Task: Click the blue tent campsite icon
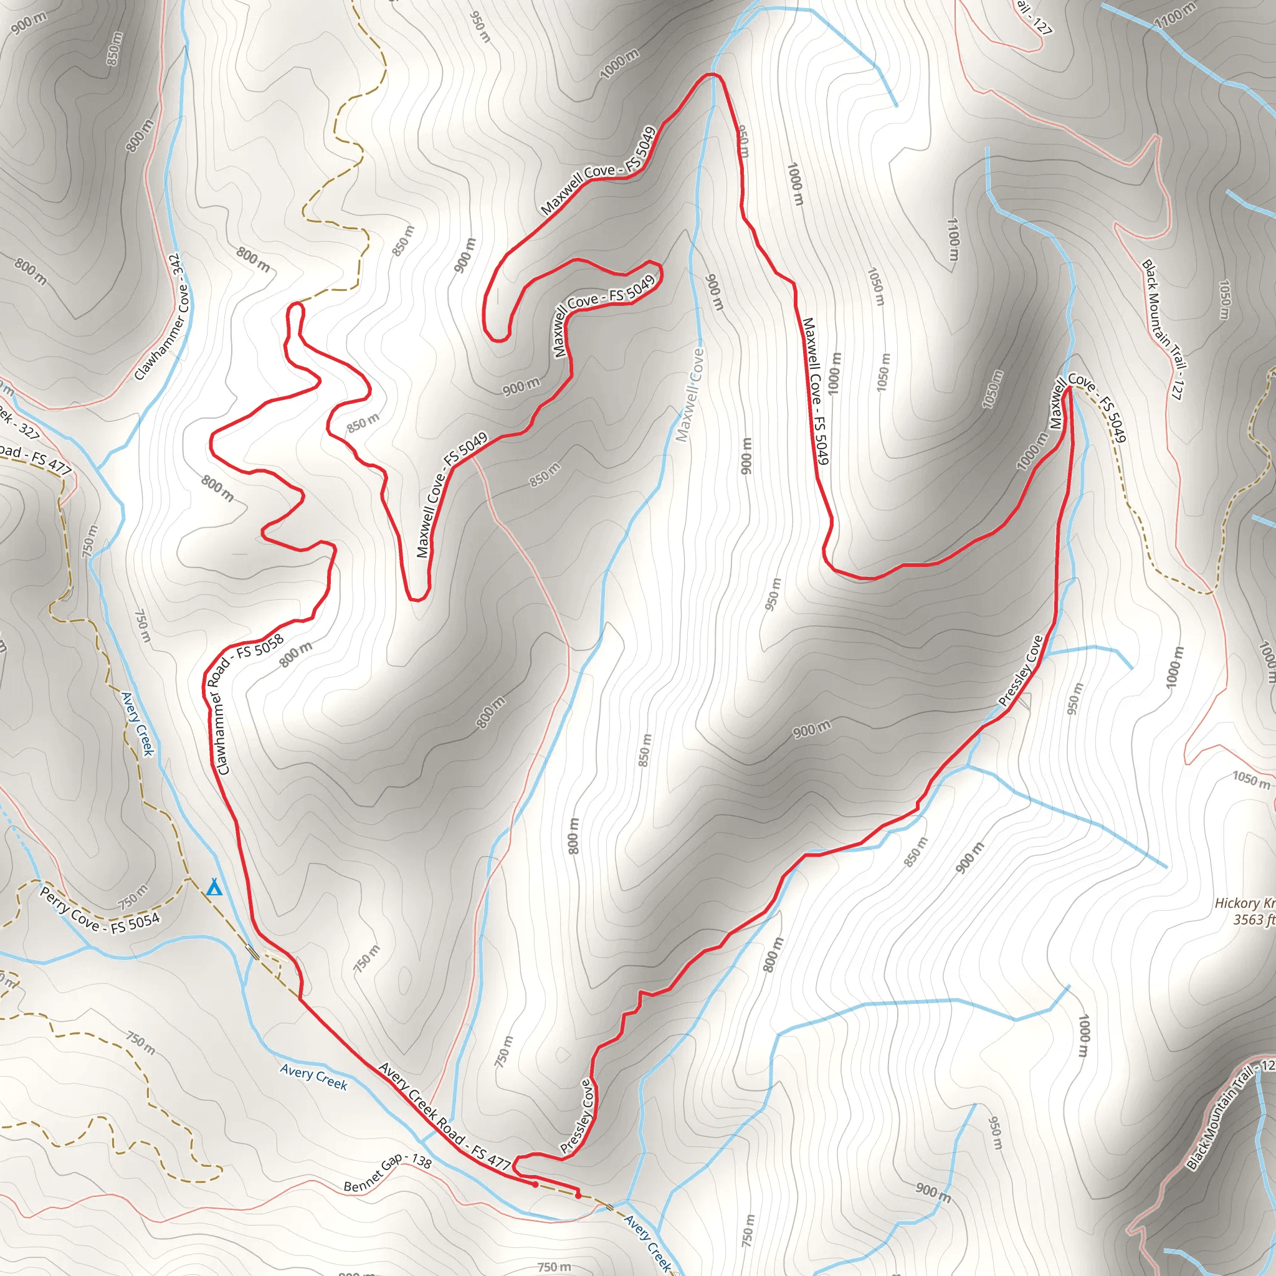213,888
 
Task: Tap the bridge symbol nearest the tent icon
252,952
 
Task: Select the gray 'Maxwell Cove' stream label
690,395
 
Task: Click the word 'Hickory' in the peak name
1237,903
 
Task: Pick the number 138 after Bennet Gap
421,1160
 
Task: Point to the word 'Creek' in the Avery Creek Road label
420,1098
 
